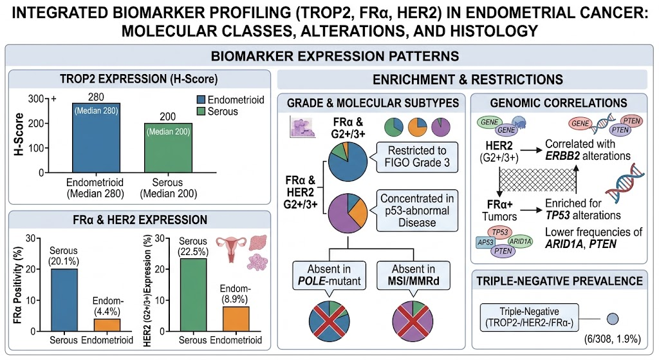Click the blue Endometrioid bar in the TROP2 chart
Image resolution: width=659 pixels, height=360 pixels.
(97, 138)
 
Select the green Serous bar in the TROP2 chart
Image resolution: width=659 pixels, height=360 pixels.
(168, 148)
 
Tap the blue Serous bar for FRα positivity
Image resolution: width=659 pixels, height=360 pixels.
(64, 300)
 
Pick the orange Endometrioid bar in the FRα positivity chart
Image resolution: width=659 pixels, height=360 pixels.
(107, 325)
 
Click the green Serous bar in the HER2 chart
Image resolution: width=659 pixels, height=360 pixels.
(193, 295)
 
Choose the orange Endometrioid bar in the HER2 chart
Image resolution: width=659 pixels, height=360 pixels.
(236, 319)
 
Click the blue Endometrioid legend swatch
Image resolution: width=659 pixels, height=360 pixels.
(201, 100)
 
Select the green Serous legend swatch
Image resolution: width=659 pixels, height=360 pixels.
(201, 111)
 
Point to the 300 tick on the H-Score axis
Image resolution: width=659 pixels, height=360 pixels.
(36, 99)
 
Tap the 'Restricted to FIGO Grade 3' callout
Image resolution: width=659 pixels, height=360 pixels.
(417, 156)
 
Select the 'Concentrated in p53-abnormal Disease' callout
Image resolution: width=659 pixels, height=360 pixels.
(417, 211)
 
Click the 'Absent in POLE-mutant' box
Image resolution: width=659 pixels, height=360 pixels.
(329, 275)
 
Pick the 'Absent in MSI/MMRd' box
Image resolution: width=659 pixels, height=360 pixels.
(414, 275)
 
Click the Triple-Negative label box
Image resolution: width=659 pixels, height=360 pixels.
(529, 317)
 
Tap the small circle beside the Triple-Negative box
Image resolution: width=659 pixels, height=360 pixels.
(613, 319)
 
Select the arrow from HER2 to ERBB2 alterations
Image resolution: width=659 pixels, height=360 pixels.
(531, 150)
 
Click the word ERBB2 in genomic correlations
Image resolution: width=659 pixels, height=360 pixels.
(562, 156)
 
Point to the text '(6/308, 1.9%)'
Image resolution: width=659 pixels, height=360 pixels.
(613, 339)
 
